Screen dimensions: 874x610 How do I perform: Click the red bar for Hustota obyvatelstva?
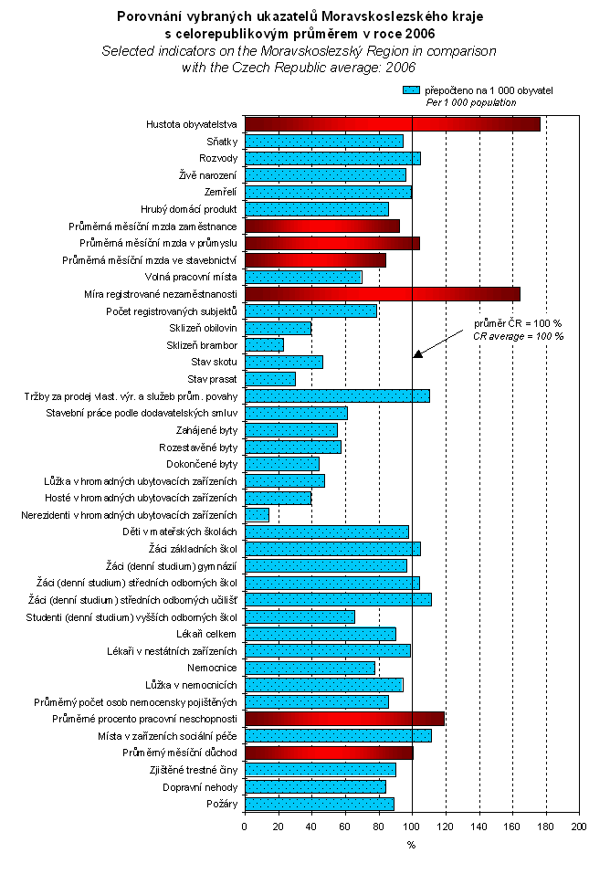click(x=392, y=124)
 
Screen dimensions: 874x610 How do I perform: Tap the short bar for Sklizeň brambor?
click(x=264, y=344)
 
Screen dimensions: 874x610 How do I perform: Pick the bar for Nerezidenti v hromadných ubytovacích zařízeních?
click(x=257, y=514)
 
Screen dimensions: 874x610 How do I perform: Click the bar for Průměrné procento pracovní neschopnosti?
click(x=344, y=718)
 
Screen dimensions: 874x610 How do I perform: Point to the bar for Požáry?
click(x=319, y=804)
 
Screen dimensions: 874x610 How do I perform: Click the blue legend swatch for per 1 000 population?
click(x=411, y=91)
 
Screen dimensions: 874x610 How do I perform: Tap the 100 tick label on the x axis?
click(x=412, y=827)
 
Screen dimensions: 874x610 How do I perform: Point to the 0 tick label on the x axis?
click(x=245, y=827)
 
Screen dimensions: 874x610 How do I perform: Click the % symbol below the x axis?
click(x=411, y=845)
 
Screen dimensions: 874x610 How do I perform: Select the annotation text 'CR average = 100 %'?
click(x=518, y=336)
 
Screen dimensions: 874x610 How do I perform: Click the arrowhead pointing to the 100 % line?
click(x=417, y=353)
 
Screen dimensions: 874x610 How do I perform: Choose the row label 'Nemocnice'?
click(x=215, y=668)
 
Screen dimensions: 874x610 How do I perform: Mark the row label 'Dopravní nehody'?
click(x=200, y=786)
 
